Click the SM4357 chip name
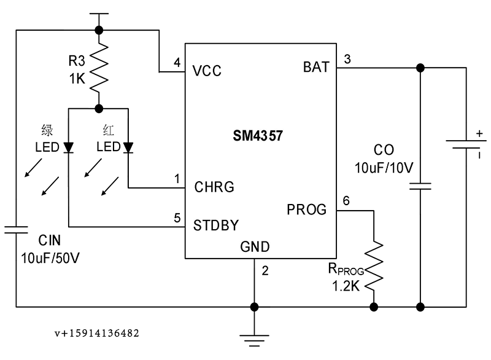(258, 136)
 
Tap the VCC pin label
(207, 71)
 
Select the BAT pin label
(316, 67)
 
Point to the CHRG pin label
(214, 187)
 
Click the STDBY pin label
(216, 225)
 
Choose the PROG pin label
(306, 209)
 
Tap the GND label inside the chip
(255, 247)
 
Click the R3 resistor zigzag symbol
(99, 68)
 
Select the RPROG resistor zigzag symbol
(374, 265)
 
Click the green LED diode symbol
(69, 147)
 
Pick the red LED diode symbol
(128, 147)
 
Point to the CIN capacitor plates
(16, 230)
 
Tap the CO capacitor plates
(420, 186)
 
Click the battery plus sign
(479, 134)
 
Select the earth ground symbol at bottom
(254, 340)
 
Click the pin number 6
(346, 200)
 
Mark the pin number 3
(347, 59)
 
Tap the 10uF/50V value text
(50, 258)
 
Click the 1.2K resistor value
(346, 286)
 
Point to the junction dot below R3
(99, 109)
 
